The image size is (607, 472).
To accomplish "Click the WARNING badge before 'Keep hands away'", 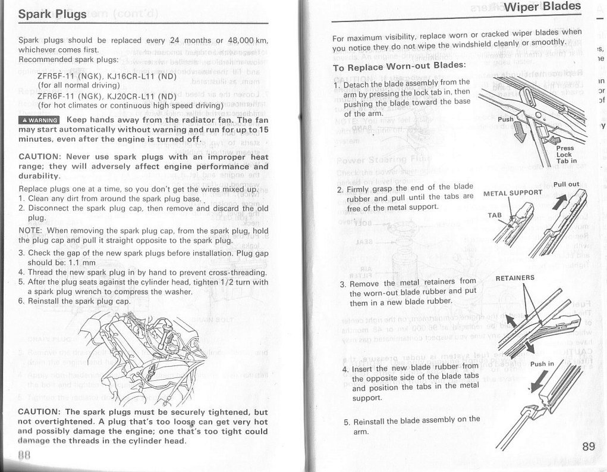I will pos(39,119).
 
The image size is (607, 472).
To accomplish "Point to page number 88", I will pos(24,455).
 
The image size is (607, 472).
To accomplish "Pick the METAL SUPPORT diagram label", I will pos(513,193).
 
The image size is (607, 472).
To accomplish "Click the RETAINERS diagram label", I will pos(515,277).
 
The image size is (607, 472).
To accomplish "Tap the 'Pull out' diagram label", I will pos(566,185).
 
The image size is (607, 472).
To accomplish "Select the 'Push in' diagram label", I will pos(542,364).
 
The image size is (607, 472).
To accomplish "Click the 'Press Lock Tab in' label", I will pos(565,154).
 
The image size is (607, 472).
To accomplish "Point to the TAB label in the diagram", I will pos(495,214).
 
